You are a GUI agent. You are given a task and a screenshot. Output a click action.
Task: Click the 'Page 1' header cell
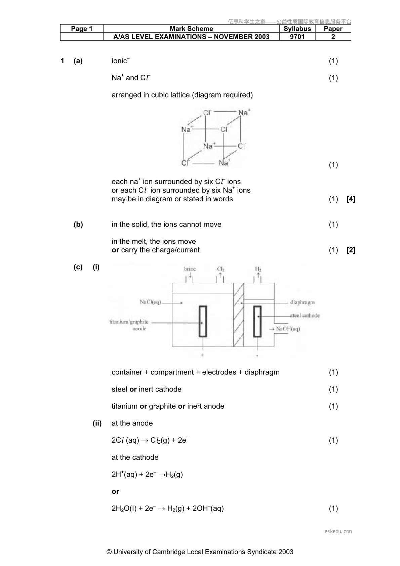click(82, 29)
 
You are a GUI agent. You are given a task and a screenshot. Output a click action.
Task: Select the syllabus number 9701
click(297, 37)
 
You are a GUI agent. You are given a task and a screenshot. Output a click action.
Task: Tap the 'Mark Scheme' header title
click(191, 29)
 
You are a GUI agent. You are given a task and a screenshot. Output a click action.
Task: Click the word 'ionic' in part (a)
click(119, 61)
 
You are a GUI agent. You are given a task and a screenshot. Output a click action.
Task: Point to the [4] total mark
click(351, 199)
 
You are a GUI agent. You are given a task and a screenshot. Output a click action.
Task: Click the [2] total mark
click(351, 250)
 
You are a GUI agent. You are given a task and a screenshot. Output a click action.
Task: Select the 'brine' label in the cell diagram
click(190, 269)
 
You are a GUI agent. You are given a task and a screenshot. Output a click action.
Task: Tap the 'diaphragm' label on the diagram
click(303, 302)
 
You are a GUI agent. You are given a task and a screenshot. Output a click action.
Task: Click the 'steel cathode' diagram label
click(305, 315)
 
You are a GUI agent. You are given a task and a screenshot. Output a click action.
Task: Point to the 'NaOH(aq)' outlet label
click(288, 329)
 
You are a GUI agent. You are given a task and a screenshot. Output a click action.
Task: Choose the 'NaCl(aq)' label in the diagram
click(150, 302)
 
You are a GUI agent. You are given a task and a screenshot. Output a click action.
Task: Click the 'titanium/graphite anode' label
click(129, 325)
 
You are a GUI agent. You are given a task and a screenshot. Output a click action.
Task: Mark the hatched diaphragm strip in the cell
click(239, 315)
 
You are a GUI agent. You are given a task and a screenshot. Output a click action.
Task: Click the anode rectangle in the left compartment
click(203, 321)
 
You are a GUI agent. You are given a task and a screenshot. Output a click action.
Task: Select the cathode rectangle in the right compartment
click(257, 321)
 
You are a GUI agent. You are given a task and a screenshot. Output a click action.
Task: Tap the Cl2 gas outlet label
click(221, 269)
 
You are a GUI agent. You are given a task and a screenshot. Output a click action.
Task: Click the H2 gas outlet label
click(258, 269)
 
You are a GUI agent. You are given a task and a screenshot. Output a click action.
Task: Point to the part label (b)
click(78, 225)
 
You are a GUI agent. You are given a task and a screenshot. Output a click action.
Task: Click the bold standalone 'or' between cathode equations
click(115, 491)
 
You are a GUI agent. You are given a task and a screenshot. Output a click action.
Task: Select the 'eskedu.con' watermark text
click(338, 531)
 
